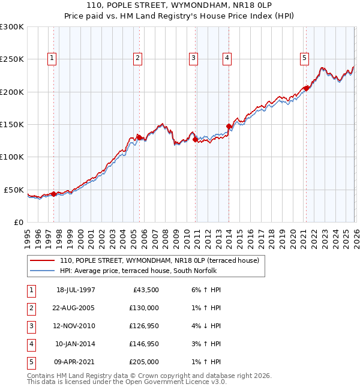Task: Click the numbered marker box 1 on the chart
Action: [x=52, y=58]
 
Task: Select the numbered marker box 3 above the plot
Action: [x=194, y=58]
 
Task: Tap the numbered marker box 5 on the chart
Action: [x=305, y=58]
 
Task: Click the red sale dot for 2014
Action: [x=229, y=127]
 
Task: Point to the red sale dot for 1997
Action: [x=54, y=194]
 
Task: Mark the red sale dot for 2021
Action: [x=306, y=89]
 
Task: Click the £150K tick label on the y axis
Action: [x=12, y=125]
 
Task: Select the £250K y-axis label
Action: [x=12, y=59]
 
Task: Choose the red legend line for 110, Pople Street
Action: [x=43, y=260]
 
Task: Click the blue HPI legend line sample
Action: [x=43, y=271]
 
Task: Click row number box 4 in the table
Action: [x=29, y=344]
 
